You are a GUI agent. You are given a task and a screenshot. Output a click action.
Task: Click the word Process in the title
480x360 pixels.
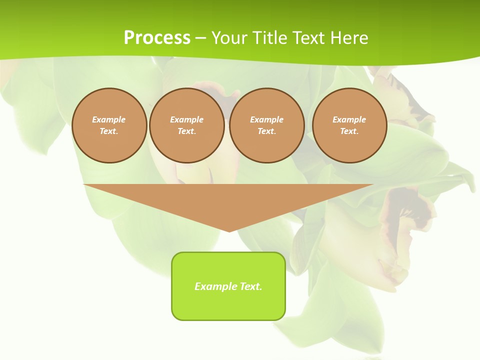(x=157, y=38)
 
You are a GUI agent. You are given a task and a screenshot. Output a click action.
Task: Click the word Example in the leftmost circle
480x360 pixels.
(x=109, y=119)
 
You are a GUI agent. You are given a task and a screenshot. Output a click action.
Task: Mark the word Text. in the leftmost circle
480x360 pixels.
(x=109, y=131)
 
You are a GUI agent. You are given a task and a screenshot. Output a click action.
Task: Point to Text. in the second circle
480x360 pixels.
(x=187, y=131)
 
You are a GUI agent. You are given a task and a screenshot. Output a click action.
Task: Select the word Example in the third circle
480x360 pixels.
(x=267, y=119)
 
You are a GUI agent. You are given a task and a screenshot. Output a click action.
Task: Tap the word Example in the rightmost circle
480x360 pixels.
(x=349, y=119)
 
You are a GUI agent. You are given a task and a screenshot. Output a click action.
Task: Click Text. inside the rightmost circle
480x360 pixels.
(x=349, y=131)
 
